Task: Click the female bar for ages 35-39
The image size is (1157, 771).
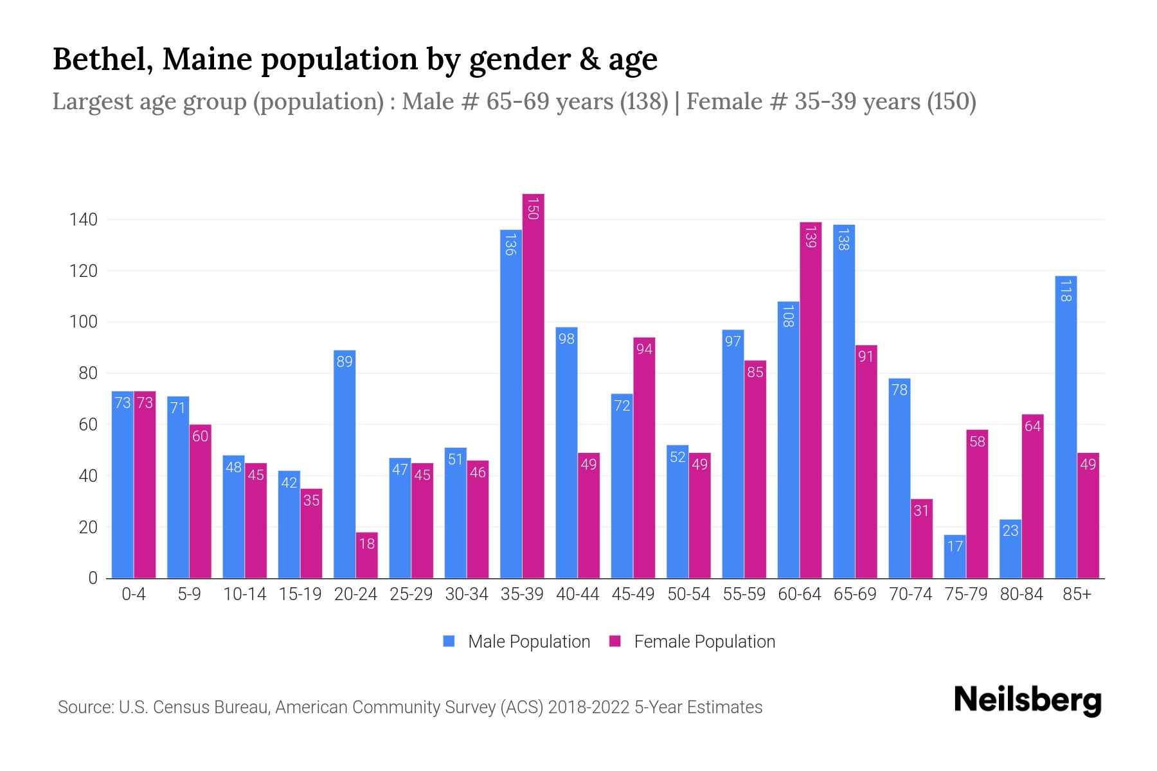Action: (533, 385)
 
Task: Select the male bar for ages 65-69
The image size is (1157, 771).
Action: (843, 402)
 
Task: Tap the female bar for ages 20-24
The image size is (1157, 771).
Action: (366, 555)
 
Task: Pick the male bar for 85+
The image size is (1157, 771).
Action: (1066, 427)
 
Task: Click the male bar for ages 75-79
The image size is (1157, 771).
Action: (955, 556)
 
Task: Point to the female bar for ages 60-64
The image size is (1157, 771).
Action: (811, 400)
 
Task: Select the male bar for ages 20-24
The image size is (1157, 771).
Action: (345, 464)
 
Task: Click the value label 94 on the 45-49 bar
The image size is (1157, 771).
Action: (644, 349)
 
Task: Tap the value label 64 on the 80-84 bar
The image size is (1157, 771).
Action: (1032, 426)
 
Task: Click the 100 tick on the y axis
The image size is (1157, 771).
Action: (84, 322)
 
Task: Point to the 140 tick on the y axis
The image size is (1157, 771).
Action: (84, 220)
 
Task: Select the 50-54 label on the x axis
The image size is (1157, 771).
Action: (688, 594)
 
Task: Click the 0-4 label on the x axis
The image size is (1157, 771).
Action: (134, 594)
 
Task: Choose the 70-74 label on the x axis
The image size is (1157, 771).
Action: (910, 594)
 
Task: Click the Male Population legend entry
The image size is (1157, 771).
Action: (517, 642)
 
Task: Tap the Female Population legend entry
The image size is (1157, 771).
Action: (692, 642)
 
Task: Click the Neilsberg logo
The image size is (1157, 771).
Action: (1027, 700)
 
